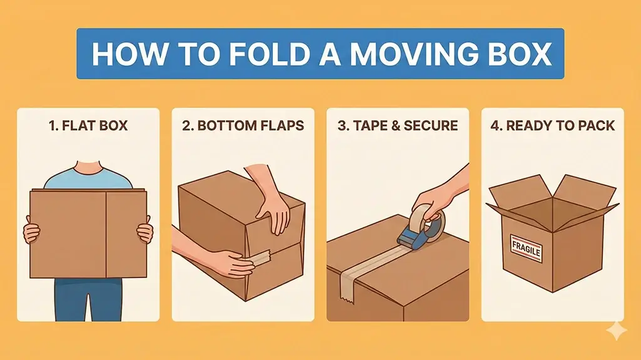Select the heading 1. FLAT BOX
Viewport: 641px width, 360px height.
tap(88, 126)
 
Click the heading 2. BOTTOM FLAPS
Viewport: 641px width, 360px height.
tap(243, 126)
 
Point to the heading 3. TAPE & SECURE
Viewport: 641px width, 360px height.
tap(397, 126)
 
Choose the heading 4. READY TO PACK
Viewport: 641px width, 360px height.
tap(552, 126)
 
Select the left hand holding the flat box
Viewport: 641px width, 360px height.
tap(31, 232)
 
